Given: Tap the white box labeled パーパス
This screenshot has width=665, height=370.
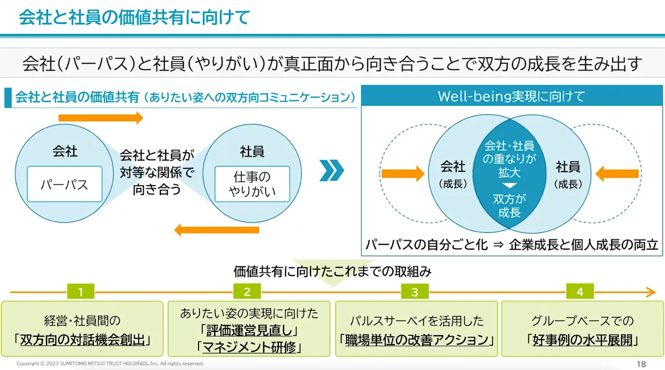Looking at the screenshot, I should click(65, 184).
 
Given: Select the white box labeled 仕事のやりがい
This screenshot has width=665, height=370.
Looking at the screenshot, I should click(252, 184).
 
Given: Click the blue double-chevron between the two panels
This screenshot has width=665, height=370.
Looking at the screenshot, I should click(332, 170).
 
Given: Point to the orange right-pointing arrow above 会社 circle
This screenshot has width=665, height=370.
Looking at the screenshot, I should click(101, 118).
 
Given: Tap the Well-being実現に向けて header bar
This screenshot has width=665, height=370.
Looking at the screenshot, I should click(510, 96).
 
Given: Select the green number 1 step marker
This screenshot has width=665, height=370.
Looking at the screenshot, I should click(80, 292).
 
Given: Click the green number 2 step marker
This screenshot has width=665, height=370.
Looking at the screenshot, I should click(247, 292).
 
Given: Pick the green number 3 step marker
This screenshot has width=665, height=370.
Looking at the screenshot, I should click(415, 292).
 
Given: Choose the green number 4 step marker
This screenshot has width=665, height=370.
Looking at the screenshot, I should click(580, 292).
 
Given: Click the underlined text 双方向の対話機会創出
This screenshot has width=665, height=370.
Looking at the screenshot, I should click(82, 340).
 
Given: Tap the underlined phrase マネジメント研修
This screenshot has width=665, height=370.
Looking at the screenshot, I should click(249, 347).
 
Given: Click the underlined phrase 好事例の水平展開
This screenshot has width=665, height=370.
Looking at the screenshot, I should click(582, 340).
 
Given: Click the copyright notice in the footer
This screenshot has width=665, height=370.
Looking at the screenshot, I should click(110, 364).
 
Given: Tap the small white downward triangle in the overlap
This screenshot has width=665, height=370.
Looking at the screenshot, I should click(510, 186).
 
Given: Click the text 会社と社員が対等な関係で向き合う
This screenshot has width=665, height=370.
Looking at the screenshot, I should click(157, 173).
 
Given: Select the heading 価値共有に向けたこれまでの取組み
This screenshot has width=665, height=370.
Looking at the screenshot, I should click(332, 272).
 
